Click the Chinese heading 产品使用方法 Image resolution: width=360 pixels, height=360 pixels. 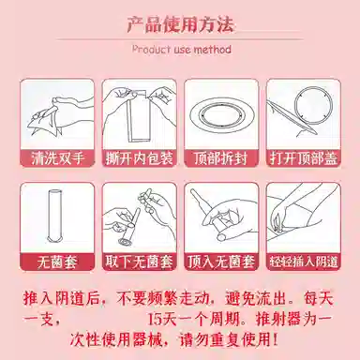point(180,24)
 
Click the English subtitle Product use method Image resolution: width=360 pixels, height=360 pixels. point(182,50)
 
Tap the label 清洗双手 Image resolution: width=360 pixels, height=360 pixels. point(57,158)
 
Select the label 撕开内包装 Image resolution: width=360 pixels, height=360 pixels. point(140,158)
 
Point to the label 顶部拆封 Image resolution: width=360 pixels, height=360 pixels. point(220,158)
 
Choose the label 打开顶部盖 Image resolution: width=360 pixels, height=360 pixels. point(304,158)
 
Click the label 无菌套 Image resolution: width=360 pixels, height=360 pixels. point(57,262)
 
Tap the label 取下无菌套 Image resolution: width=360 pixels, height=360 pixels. point(140,262)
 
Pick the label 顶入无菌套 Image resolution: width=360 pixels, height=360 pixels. point(221,262)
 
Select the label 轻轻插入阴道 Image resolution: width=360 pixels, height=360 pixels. point(304,262)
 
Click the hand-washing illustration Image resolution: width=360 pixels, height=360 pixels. point(59,115)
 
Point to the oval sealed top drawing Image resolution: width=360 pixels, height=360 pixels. point(221,115)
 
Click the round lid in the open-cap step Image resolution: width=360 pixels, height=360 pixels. point(311,105)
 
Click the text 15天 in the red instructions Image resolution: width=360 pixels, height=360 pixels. point(161,319)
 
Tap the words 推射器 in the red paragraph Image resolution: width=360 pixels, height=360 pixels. point(278,319)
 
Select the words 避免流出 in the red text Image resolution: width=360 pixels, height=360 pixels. point(256,299)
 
